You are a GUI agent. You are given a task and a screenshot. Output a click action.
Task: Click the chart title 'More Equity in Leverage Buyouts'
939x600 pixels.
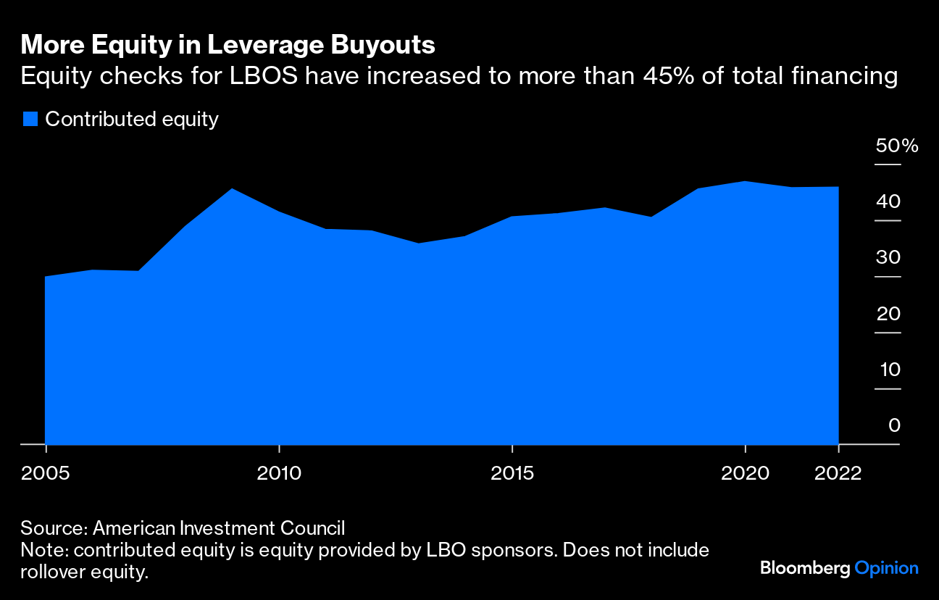(x=228, y=45)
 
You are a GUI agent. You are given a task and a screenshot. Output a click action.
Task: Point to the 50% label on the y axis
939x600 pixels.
(x=897, y=146)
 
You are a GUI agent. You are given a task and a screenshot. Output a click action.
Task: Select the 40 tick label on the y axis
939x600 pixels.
(x=888, y=201)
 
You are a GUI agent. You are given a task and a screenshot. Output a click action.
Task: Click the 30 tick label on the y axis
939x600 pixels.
(x=888, y=258)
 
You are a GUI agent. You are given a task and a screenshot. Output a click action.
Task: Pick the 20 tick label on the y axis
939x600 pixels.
(x=888, y=314)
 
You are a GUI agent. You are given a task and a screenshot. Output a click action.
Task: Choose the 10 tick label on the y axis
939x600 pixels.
(x=888, y=370)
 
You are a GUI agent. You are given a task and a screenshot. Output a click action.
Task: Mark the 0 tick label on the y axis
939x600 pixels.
(x=894, y=425)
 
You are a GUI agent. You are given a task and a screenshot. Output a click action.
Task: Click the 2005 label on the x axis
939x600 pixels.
(x=45, y=474)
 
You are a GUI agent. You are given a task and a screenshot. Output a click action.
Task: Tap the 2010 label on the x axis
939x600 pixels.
(x=279, y=474)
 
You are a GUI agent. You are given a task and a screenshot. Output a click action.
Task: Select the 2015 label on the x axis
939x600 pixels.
(x=512, y=474)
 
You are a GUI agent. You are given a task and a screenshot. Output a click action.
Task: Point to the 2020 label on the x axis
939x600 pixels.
(x=746, y=474)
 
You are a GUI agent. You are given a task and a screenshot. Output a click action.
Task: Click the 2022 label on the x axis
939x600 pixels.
(x=838, y=474)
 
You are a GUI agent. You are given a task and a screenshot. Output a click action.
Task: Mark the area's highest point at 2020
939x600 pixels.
(x=746, y=181)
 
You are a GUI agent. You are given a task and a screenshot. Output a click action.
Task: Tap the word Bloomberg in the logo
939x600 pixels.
(x=804, y=569)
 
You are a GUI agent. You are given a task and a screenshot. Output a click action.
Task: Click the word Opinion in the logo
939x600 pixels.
(x=886, y=569)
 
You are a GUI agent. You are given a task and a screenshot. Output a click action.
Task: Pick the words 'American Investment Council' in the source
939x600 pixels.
(x=219, y=528)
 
